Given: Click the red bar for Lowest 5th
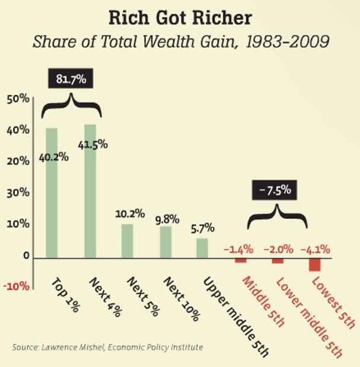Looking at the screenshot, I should (x=314, y=264).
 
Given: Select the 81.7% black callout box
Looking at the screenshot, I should (x=71, y=79).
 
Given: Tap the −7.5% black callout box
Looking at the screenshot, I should (x=274, y=190).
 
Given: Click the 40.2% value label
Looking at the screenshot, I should (x=54, y=157).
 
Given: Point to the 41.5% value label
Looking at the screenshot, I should (x=93, y=145).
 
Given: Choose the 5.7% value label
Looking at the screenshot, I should (x=202, y=228).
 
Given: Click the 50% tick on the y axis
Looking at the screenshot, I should (x=18, y=99).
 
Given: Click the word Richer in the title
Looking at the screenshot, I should (x=220, y=18).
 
